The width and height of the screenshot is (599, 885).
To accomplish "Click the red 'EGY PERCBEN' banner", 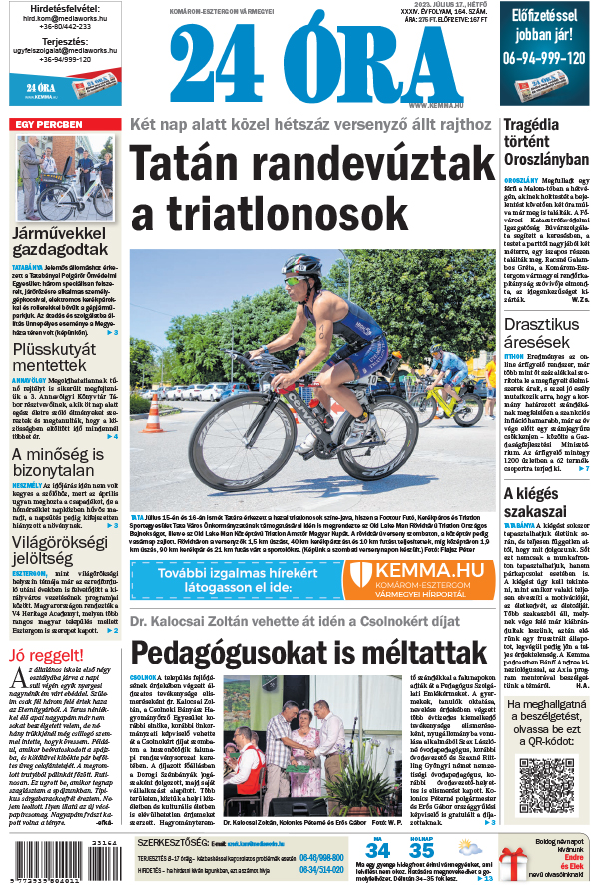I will click(x=48, y=125).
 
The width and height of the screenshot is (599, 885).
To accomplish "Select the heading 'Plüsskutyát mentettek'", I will click(x=57, y=360).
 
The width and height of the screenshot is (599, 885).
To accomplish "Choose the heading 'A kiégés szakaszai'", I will click(x=536, y=502).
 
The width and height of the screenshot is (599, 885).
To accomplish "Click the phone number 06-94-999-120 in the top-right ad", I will click(x=545, y=58).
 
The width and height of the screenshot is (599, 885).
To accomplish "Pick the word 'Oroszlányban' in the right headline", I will click(x=546, y=159).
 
